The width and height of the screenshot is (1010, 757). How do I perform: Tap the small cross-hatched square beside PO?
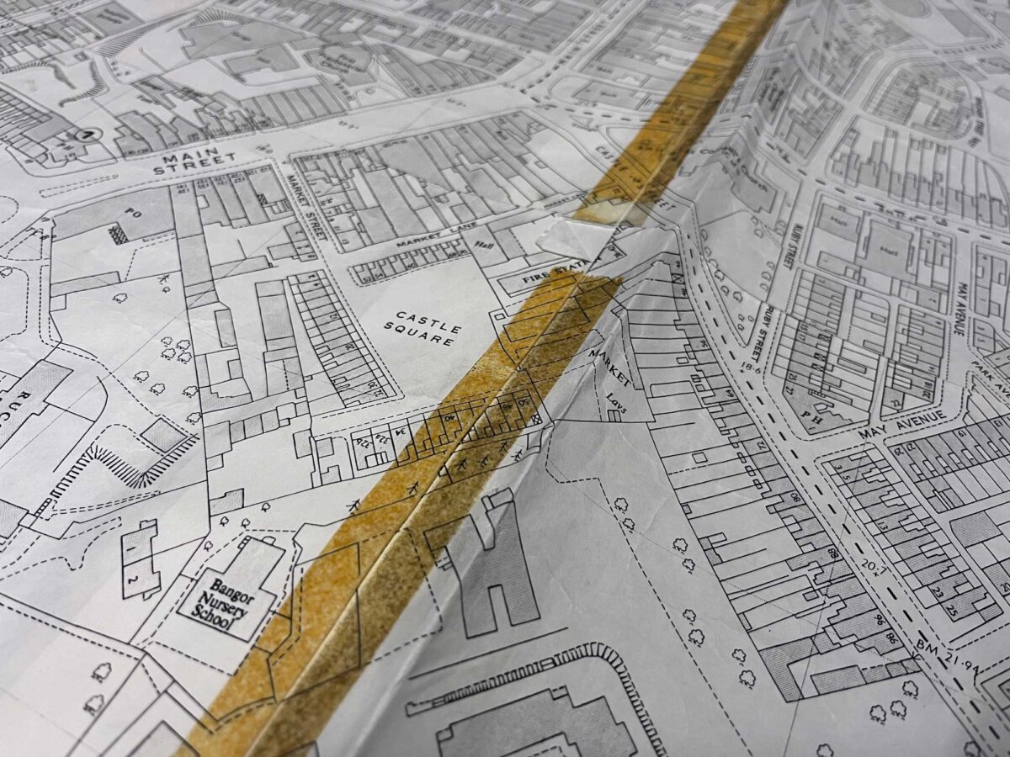(119, 235)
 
